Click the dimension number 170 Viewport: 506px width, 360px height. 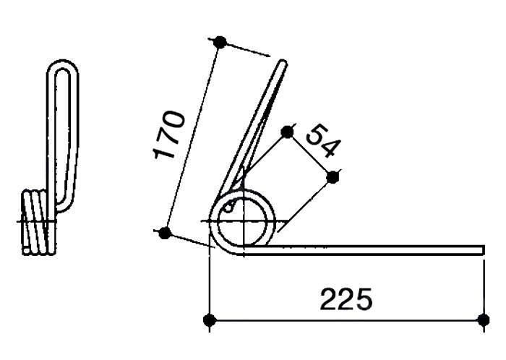pyautogui.click(x=171, y=135)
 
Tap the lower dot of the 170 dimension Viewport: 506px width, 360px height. pyautogui.click(x=164, y=233)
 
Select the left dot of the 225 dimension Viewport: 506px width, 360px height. pyautogui.click(x=209, y=320)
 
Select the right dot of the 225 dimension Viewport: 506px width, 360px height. pyautogui.click(x=483, y=320)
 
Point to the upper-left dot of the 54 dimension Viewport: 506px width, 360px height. pyautogui.click(x=287, y=131)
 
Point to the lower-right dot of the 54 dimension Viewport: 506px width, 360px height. pyautogui.click(x=333, y=176)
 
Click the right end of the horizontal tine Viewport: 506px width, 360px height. pyautogui.click(x=481, y=249)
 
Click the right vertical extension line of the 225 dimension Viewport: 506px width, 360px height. pyautogui.click(x=483, y=289)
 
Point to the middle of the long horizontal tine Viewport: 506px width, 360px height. pyautogui.click(x=361, y=249)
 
